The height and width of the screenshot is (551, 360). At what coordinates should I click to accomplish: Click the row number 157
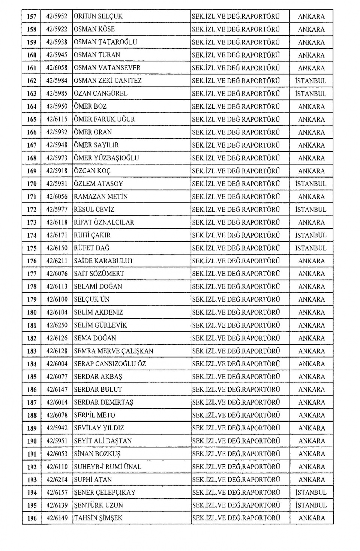coord(31,16)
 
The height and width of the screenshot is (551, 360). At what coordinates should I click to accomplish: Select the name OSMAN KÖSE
coord(94,29)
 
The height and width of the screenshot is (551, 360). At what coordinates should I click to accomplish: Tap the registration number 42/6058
coord(57,68)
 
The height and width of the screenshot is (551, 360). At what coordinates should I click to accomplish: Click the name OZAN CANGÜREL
coord(100,94)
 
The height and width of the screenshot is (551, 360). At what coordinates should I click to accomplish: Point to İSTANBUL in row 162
coord(311,81)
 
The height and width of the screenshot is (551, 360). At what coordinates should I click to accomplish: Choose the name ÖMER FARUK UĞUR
coord(104,119)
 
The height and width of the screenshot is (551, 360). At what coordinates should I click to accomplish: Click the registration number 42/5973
coord(57,158)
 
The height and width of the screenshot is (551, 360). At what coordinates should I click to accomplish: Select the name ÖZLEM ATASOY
coord(98,184)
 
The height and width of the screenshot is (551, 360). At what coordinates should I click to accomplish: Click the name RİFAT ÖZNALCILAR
coord(104,222)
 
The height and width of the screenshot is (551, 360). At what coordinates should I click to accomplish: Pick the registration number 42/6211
coord(57,261)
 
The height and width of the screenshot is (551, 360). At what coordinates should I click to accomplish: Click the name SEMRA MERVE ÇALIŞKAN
coord(113,351)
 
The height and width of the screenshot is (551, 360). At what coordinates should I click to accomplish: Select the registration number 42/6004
coord(57,364)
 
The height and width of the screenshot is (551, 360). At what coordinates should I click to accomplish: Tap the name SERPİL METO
coord(94,415)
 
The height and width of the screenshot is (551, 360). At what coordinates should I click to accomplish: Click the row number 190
coord(31,441)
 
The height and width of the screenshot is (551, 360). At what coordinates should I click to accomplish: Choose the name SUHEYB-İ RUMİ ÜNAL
coord(107,467)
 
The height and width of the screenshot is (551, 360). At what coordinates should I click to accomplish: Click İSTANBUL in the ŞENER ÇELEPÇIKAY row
coord(311,493)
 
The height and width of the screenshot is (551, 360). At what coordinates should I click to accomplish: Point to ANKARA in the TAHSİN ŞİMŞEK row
coord(312,518)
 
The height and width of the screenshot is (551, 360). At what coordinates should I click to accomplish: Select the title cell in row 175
coord(236,248)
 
